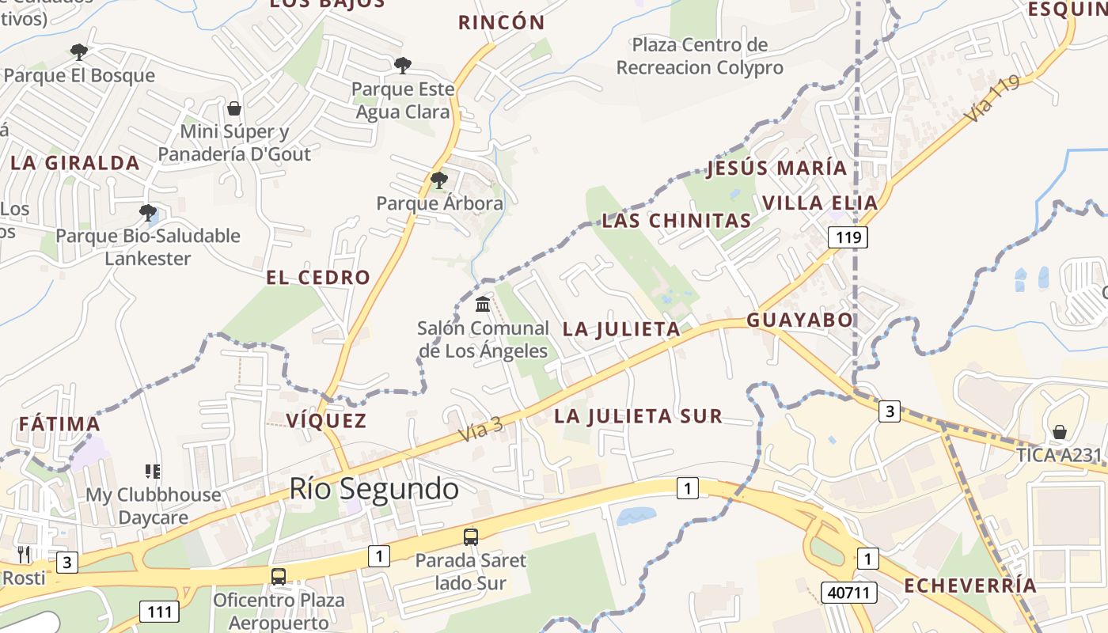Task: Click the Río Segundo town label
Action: pyautogui.click(x=374, y=489)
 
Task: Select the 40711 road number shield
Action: pyautogui.click(x=850, y=592)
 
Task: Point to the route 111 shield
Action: pyautogui.click(x=159, y=611)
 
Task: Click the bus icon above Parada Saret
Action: pyautogui.click(x=471, y=537)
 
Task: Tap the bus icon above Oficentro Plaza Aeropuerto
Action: pyautogui.click(x=279, y=576)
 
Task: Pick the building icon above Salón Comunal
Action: pyautogui.click(x=483, y=304)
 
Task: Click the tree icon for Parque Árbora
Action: pyautogui.click(x=438, y=180)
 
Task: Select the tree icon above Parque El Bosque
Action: pyautogui.click(x=78, y=52)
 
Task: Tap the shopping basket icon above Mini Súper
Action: pyautogui.click(x=233, y=108)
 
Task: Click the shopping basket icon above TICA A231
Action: pyautogui.click(x=1059, y=432)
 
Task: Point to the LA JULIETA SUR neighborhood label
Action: pyautogui.click(x=638, y=416)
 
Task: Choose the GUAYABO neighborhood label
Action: pyautogui.click(x=800, y=320)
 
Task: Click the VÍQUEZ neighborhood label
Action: pyautogui.click(x=327, y=420)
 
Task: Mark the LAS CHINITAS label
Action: pyautogui.click(x=676, y=221)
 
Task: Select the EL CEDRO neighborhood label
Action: pyautogui.click(x=318, y=278)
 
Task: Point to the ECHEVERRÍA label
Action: pyautogui.click(x=970, y=586)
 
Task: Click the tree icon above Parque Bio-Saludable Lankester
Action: pyautogui.click(x=147, y=212)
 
